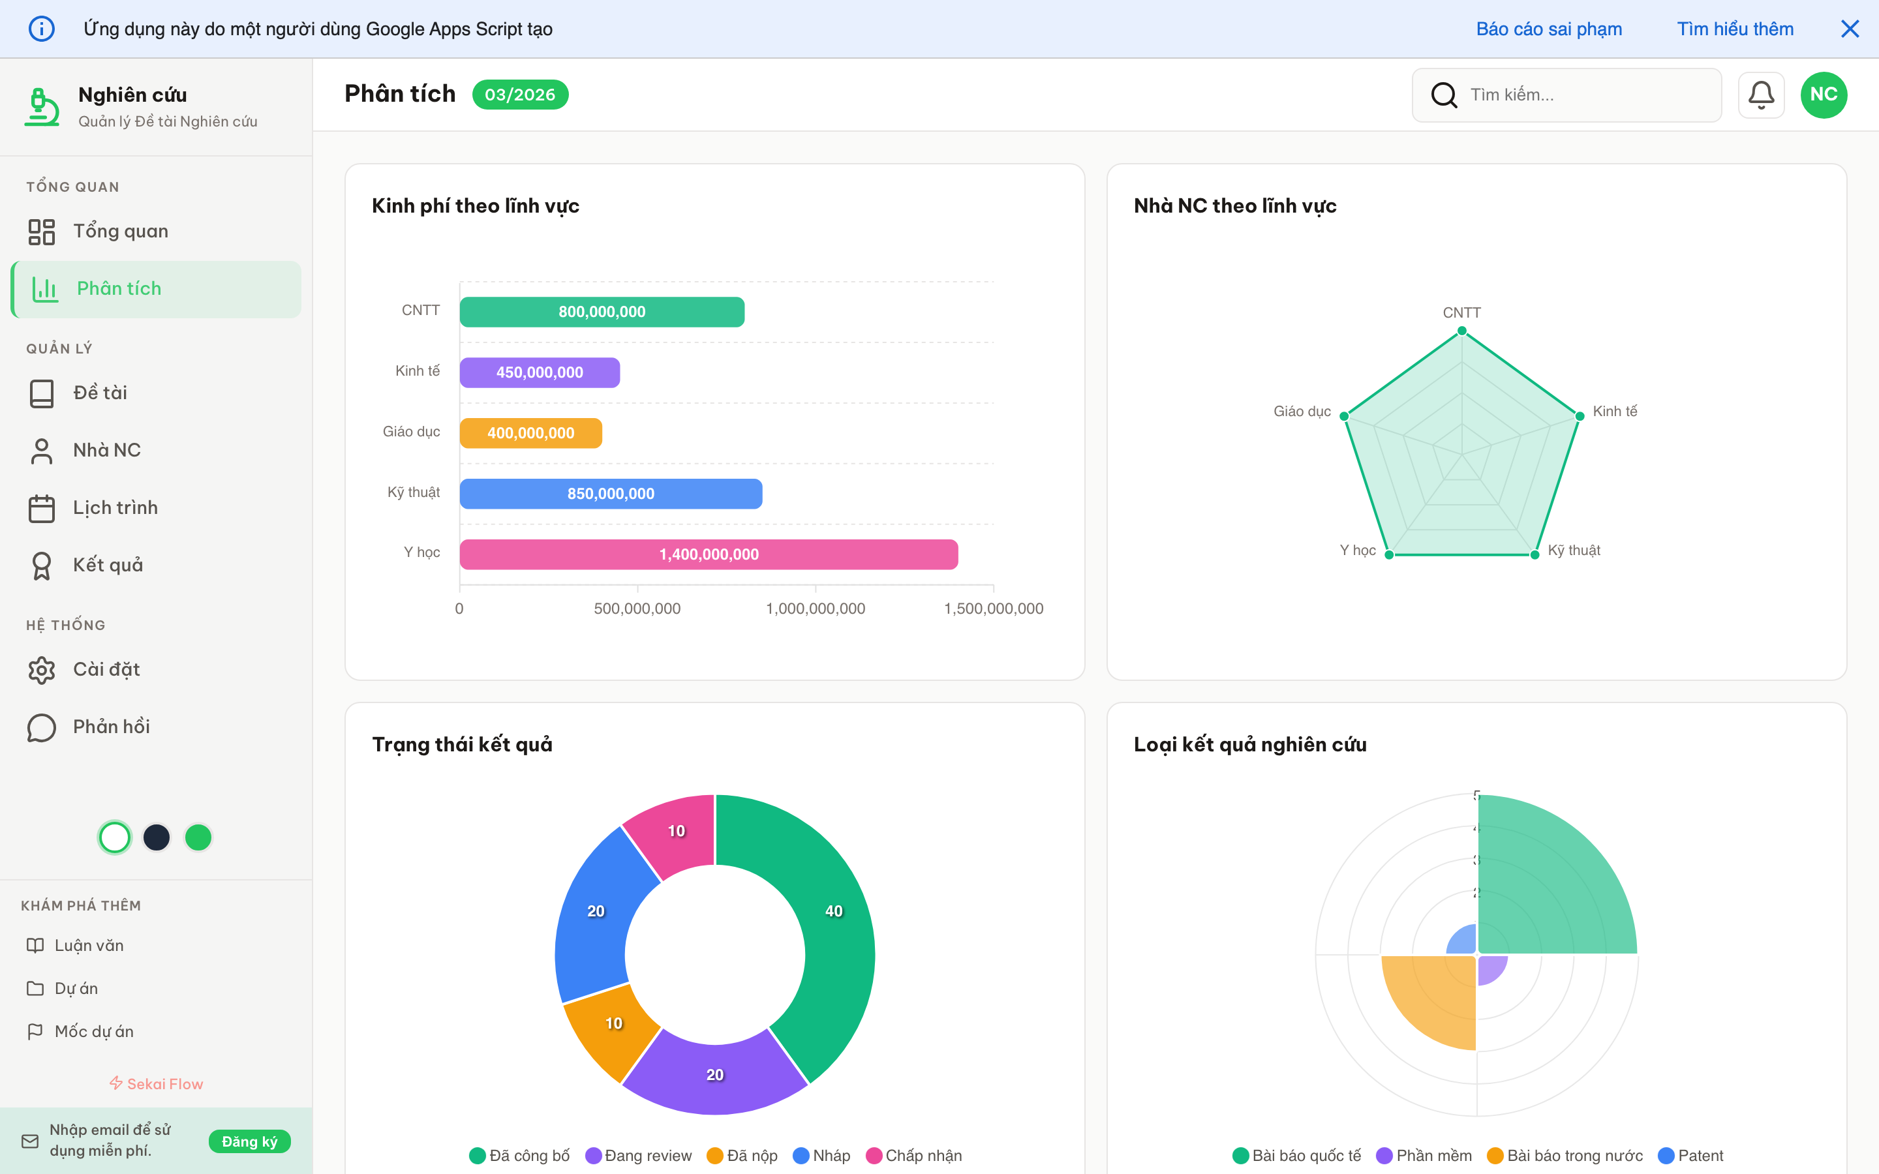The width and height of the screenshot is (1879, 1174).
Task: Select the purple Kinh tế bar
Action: coord(539,372)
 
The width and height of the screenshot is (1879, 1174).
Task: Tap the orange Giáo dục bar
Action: coord(530,433)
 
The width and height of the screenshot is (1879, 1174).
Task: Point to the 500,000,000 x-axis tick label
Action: coord(637,609)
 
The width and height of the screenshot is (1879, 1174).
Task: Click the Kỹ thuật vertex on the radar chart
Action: coord(1535,554)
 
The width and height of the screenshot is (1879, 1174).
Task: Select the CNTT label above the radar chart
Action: coord(1461,313)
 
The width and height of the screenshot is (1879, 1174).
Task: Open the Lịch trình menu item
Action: coord(115,508)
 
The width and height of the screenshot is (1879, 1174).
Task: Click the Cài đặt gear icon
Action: coord(42,669)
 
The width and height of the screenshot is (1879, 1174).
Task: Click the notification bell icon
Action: coord(1760,95)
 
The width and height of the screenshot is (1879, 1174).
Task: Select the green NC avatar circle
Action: coord(1823,95)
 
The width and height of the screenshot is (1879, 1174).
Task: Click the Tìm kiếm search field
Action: coord(1576,95)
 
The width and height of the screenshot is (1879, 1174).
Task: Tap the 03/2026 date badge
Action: coord(519,95)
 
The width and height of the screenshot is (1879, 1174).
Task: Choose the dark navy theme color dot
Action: coord(157,837)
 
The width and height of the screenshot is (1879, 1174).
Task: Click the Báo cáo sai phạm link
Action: coord(1548,29)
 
